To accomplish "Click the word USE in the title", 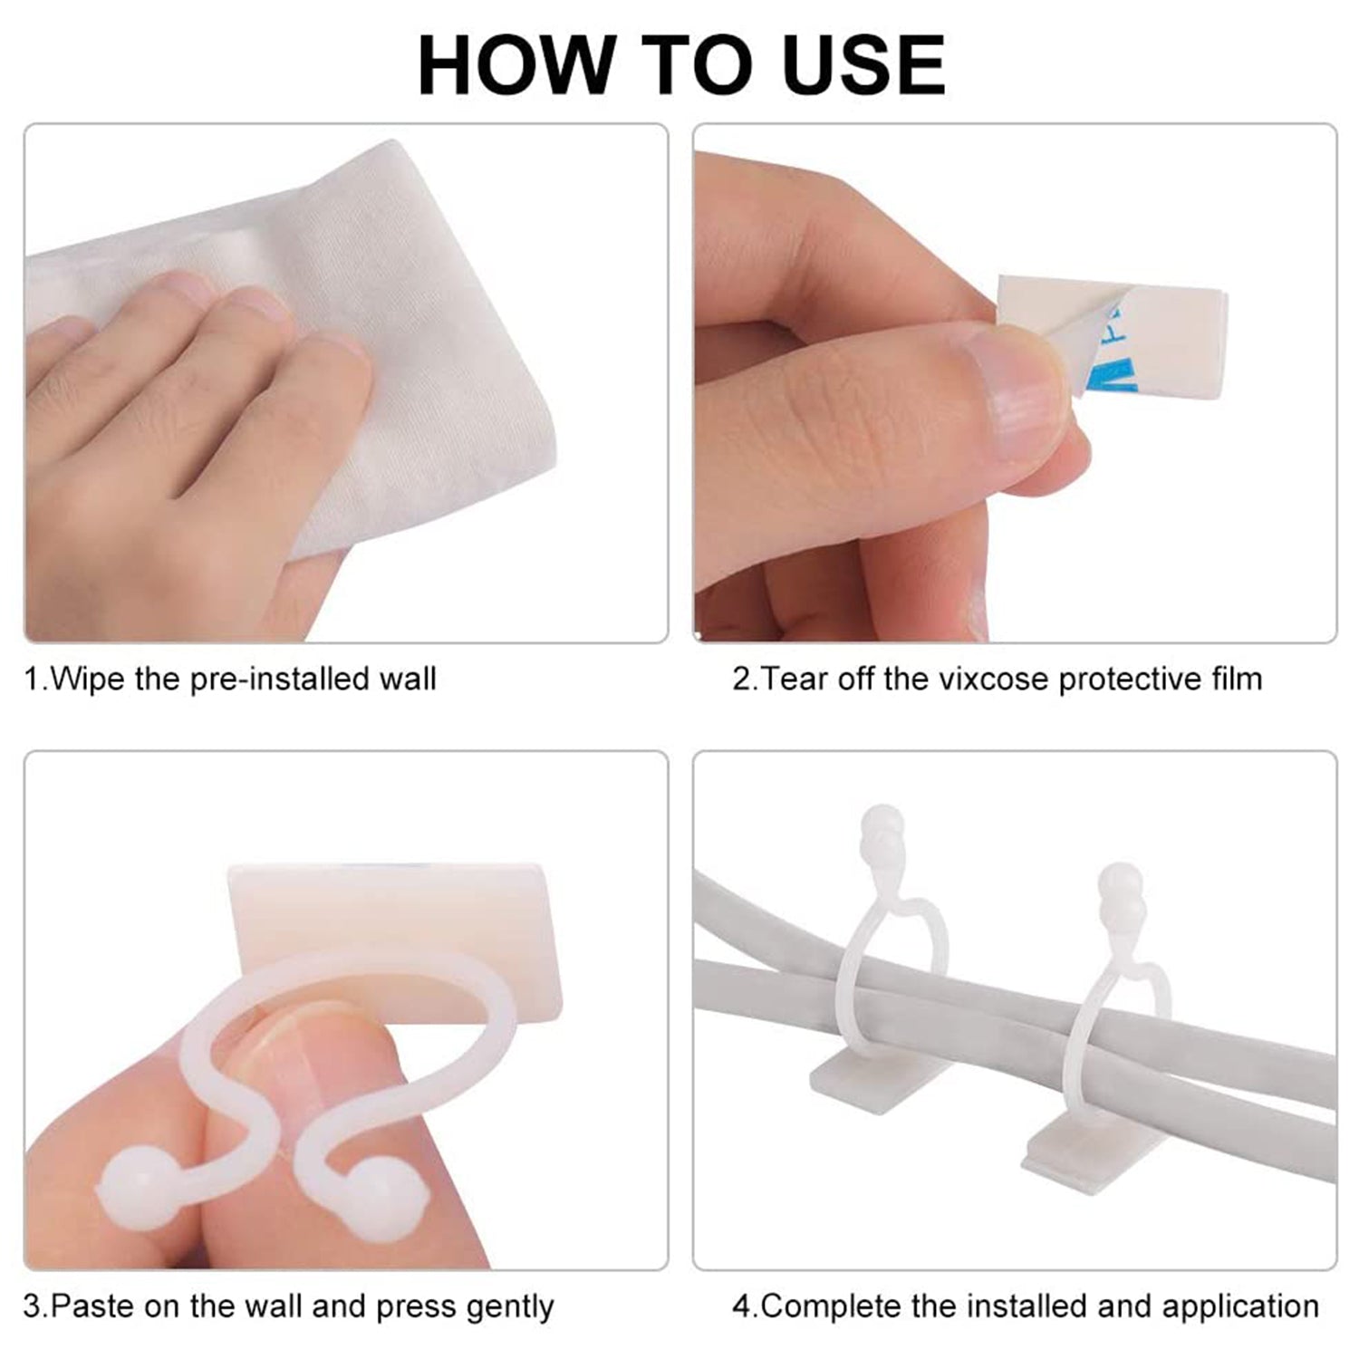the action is tap(864, 65).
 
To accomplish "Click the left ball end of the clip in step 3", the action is tap(132, 1183).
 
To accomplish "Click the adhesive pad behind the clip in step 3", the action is tap(395, 942).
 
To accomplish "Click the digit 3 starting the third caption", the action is tap(32, 1307).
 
